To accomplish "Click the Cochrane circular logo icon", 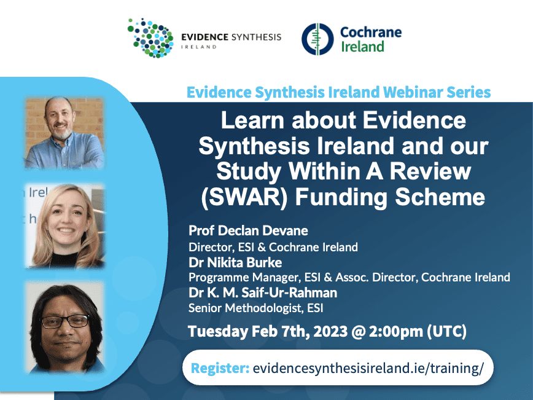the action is click(x=317, y=39).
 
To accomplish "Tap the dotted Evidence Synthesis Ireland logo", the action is click(x=150, y=37).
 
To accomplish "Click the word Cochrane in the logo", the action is click(x=371, y=33).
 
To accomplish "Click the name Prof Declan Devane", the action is click(x=248, y=230).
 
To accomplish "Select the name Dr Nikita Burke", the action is click(x=235, y=262).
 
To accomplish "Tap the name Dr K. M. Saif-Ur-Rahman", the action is click(x=263, y=293).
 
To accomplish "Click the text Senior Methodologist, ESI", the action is click(x=255, y=308).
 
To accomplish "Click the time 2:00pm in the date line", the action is click(x=395, y=331).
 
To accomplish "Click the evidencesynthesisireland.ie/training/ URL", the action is click(x=368, y=369).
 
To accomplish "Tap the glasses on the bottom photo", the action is click(x=65, y=321).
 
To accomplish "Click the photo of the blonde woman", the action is click(x=64, y=226).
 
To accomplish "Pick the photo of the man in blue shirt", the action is click(x=64, y=133).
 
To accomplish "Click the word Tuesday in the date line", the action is click(x=218, y=332).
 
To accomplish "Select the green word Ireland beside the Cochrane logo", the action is click(x=362, y=47).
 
